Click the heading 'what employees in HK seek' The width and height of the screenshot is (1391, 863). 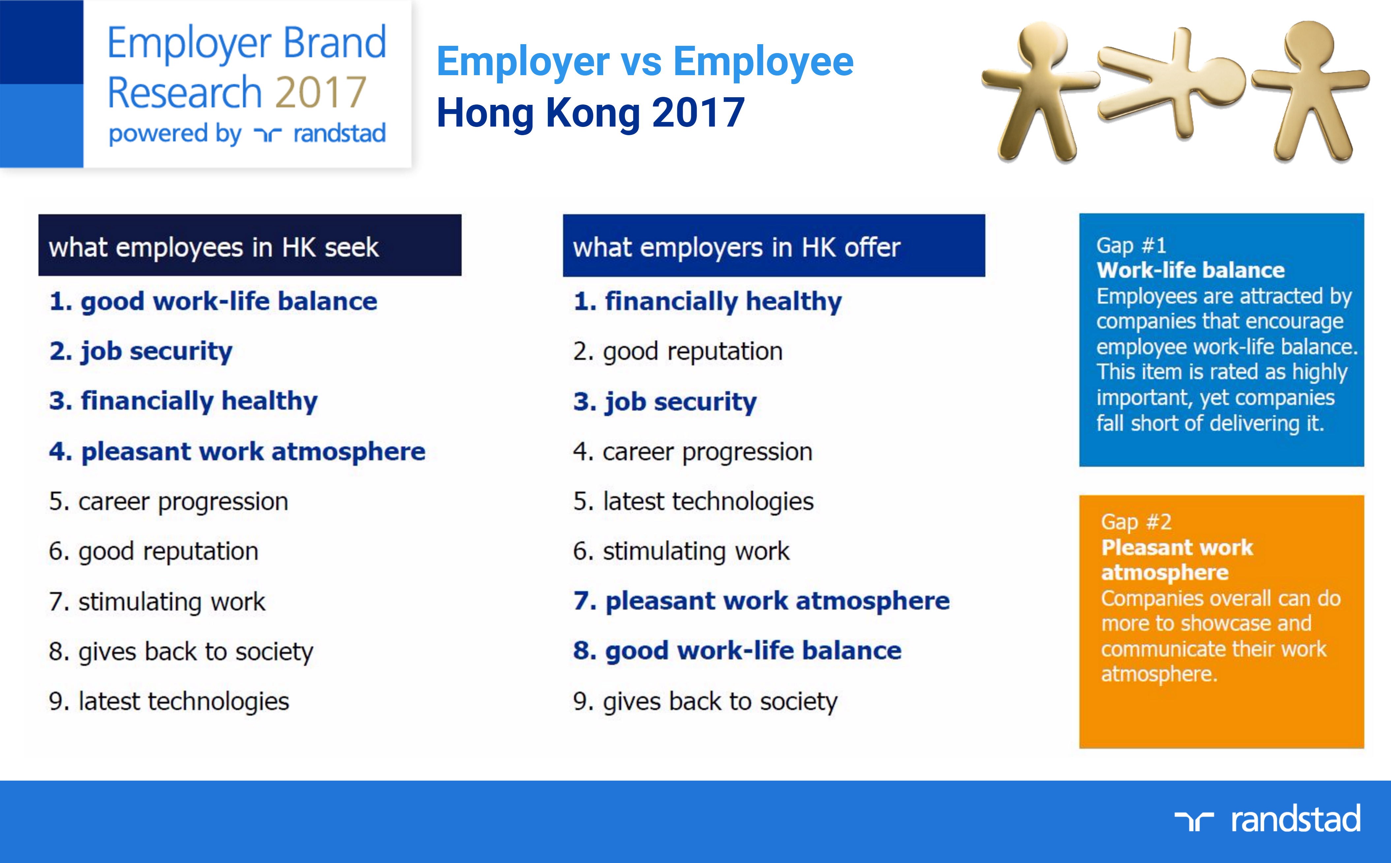click(x=214, y=248)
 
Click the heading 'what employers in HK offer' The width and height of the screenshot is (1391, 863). click(x=737, y=248)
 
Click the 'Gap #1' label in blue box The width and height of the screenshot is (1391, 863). click(x=1131, y=246)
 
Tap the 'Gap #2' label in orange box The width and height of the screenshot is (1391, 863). click(x=1136, y=522)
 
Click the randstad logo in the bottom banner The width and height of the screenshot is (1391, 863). click(x=1268, y=819)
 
